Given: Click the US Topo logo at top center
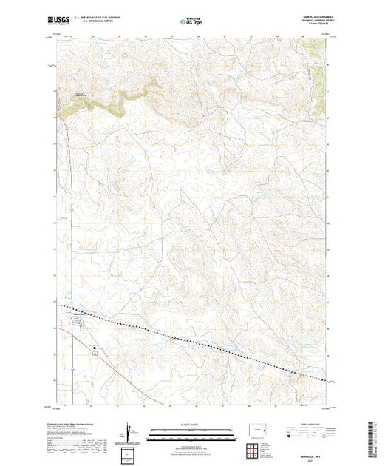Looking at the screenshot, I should click(191, 22).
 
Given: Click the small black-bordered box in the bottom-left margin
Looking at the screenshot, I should click(129, 453).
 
